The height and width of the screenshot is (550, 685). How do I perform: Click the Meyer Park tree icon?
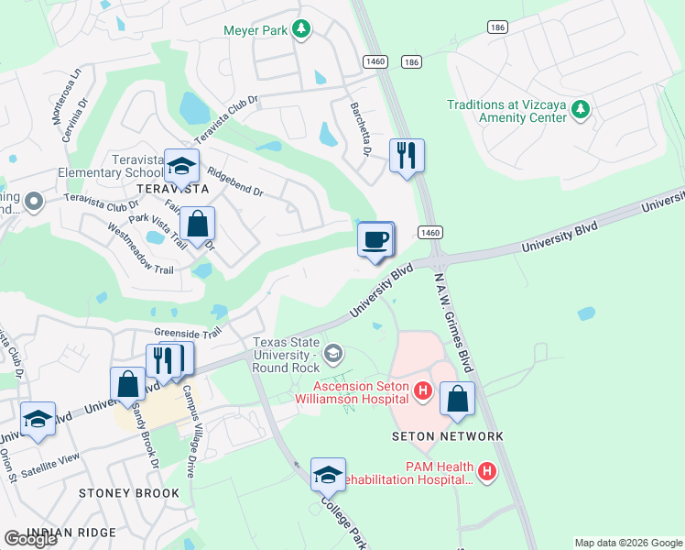(x=300, y=30)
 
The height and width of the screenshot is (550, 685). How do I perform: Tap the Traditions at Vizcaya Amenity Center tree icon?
(x=579, y=111)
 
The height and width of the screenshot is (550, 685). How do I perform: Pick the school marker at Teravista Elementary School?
(x=181, y=167)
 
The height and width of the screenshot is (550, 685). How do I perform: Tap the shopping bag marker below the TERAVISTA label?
(x=197, y=224)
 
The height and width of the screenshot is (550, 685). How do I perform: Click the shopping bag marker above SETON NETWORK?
(x=457, y=399)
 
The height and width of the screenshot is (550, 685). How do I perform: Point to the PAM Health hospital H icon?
(x=487, y=473)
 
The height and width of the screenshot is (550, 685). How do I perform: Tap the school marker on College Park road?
(x=328, y=475)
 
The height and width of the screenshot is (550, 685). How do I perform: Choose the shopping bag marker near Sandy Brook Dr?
(x=128, y=384)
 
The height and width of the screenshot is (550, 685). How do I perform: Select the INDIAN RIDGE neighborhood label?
(x=71, y=533)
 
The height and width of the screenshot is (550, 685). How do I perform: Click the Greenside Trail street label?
(x=188, y=334)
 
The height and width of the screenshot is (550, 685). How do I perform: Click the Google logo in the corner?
(x=30, y=539)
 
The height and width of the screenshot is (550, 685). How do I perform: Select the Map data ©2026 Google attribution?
(x=627, y=543)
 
